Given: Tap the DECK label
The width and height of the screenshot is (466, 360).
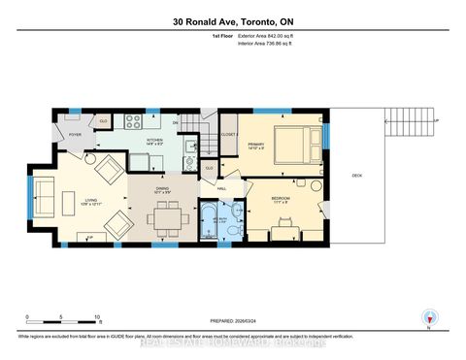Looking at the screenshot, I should coord(357,176).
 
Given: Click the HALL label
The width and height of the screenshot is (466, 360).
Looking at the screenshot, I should coord(221,188).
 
